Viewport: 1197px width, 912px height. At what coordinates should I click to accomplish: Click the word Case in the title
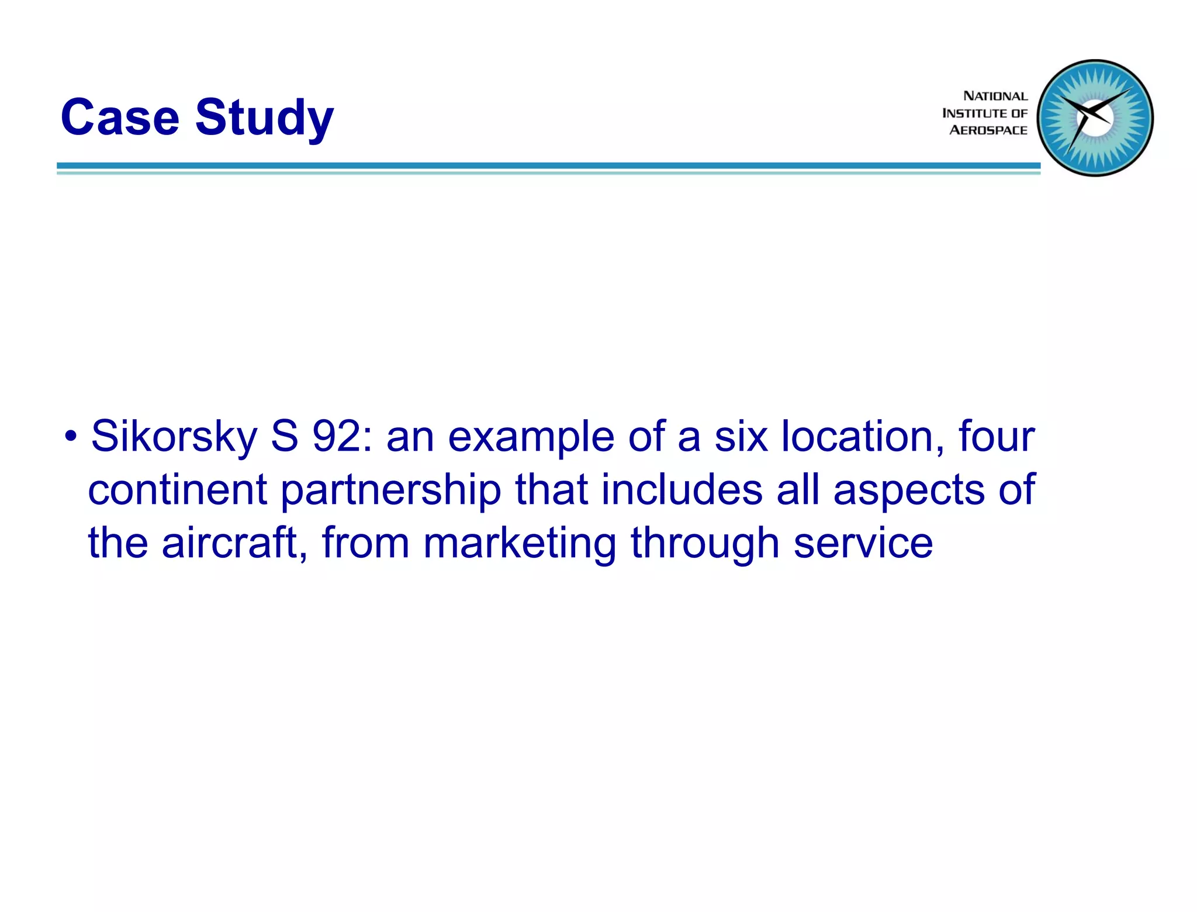pos(120,118)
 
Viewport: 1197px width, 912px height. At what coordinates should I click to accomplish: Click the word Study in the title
pos(264,119)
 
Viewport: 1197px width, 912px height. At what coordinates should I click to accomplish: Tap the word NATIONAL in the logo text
pos(995,96)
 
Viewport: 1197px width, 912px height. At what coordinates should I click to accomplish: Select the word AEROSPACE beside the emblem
pos(988,130)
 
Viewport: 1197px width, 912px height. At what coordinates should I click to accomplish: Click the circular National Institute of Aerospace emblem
pos(1095,118)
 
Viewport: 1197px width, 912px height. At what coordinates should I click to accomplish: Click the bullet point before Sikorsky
pos(71,436)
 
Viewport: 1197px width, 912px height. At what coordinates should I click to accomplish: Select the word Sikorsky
pos(174,437)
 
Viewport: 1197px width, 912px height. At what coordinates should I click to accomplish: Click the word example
pos(531,437)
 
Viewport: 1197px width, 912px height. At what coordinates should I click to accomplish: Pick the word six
pos(741,436)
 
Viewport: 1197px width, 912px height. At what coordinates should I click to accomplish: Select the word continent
pos(177,489)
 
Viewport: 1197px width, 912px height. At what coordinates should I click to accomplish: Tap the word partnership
pos(390,490)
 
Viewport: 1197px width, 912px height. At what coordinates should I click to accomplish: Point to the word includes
pos(681,489)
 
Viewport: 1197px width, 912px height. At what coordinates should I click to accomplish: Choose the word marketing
pos(520,544)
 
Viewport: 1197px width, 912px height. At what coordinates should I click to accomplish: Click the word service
pos(863,543)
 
